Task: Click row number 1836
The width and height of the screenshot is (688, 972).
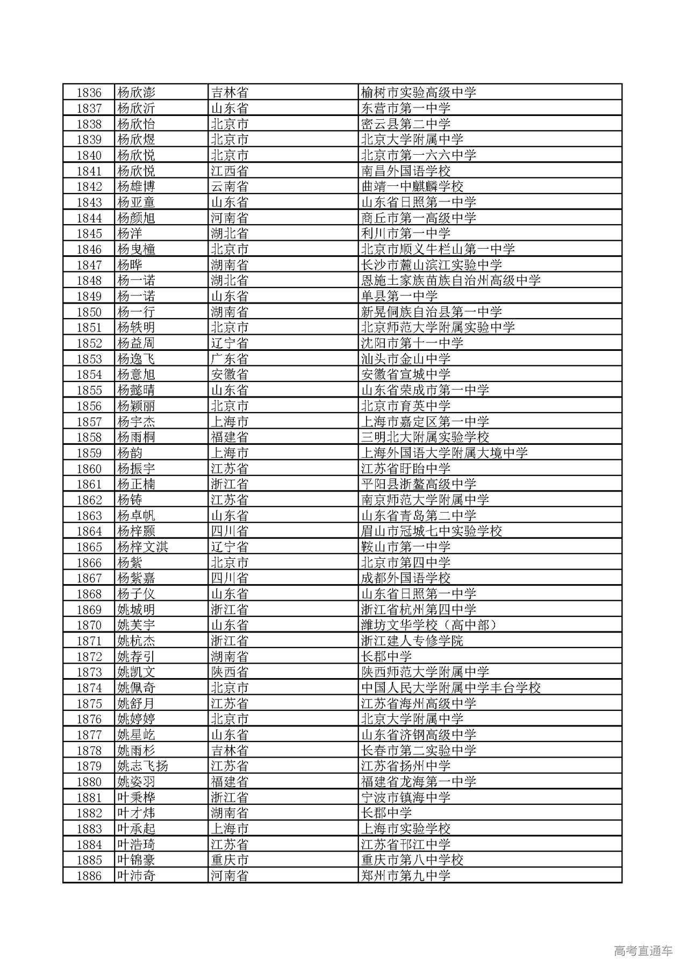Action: click(x=89, y=92)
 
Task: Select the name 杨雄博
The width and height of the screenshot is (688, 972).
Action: click(x=136, y=186)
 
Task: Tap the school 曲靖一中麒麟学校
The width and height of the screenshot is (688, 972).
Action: click(x=412, y=186)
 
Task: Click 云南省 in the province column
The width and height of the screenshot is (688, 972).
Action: click(x=230, y=186)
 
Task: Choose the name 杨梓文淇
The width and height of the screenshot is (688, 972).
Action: click(x=142, y=547)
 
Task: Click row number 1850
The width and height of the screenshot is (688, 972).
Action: click(x=89, y=312)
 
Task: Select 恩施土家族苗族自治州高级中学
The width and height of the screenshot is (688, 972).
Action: click(x=450, y=280)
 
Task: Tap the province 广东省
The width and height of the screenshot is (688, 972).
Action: click(x=230, y=359)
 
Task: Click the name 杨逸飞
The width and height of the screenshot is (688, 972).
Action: click(x=136, y=359)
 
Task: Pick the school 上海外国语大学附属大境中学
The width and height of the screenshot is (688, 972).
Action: click(x=444, y=453)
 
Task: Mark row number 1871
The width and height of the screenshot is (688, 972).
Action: click(x=89, y=641)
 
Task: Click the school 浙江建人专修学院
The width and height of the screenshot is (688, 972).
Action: click(x=412, y=641)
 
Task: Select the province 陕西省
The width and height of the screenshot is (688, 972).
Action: click(x=230, y=672)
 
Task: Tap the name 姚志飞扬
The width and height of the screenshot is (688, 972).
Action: click(x=142, y=766)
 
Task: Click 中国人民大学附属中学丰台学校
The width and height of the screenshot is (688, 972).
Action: click(x=450, y=688)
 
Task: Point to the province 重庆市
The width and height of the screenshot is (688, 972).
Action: click(x=230, y=860)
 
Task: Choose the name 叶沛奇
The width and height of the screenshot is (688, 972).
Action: click(x=136, y=876)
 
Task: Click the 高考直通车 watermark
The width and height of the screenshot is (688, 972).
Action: click(x=643, y=951)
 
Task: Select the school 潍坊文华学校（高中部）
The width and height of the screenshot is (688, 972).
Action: click(x=429, y=625)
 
